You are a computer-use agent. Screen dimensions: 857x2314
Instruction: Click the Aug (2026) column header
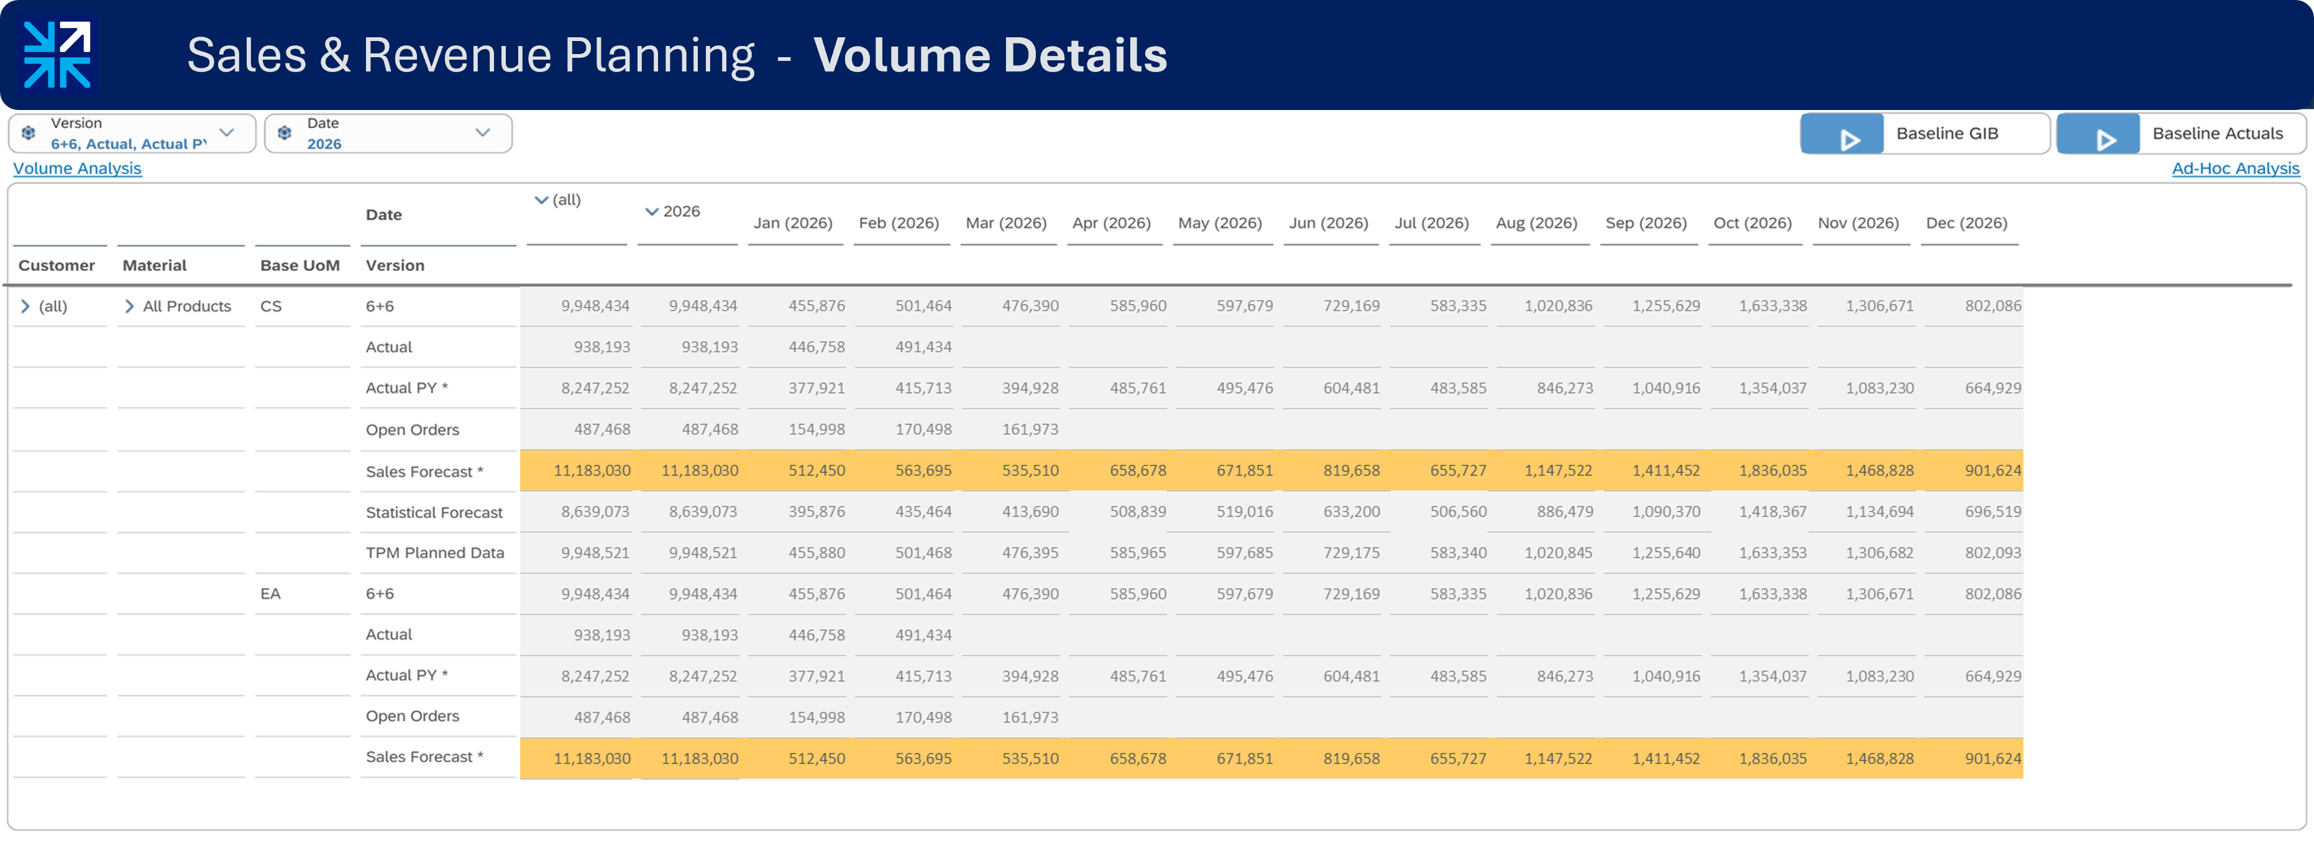click(x=1536, y=222)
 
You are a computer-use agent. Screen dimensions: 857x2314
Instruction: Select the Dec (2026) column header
click(x=1967, y=222)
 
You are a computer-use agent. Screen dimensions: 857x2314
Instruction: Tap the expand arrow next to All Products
click(x=129, y=306)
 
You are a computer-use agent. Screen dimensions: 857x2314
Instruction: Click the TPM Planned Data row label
click(x=435, y=552)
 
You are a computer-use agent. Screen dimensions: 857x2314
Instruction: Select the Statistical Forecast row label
click(x=434, y=512)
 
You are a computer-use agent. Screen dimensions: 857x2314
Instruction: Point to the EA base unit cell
click(x=270, y=593)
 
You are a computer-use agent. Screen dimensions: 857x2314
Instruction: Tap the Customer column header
click(x=57, y=265)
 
